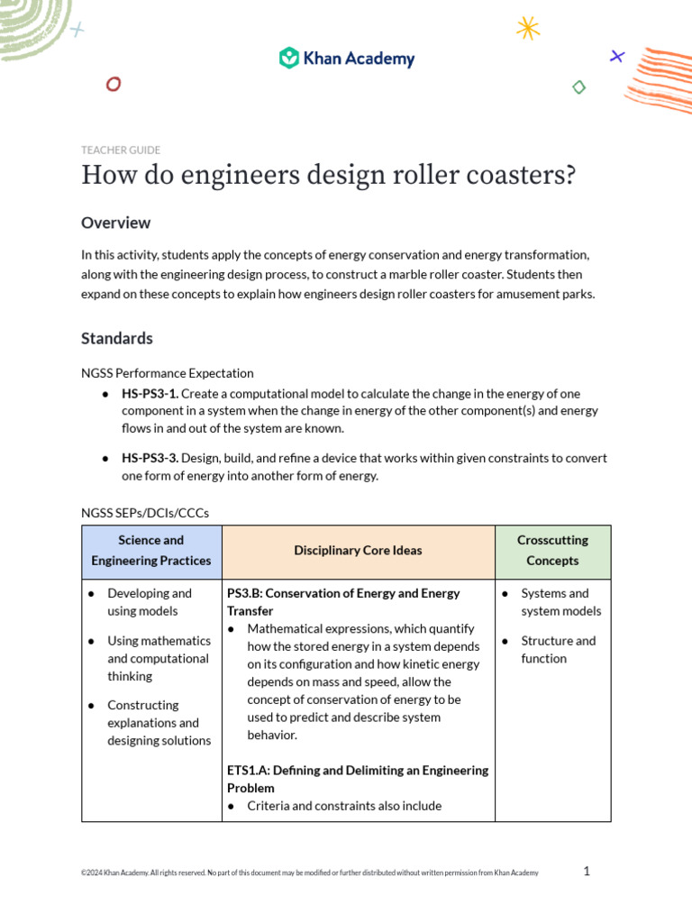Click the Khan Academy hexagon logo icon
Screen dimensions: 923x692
click(x=288, y=59)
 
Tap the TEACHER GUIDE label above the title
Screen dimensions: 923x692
click(x=121, y=151)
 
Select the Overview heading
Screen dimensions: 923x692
click(x=115, y=223)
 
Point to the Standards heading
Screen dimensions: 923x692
click(x=117, y=338)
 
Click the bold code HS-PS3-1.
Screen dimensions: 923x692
click(x=150, y=394)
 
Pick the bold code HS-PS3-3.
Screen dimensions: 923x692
click(x=150, y=459)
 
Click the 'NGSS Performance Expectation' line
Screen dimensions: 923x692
click(x=168, y=372)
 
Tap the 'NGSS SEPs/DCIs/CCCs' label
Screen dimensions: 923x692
click(x=145, y=513)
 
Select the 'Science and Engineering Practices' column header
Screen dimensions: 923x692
click(x=151, y=551)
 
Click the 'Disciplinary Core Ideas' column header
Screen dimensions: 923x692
click(x=358, y=551)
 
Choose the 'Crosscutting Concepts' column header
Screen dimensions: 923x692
click(x=552, y=551)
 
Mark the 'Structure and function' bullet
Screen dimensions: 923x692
click(x=558, y=650)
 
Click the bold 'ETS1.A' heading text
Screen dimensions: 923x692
click(x=247, y=771)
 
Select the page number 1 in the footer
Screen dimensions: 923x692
click(x=587, y=871)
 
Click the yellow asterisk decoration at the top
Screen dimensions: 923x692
click(x=528, y=28)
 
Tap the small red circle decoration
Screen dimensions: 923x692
click(x=114, y=84)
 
